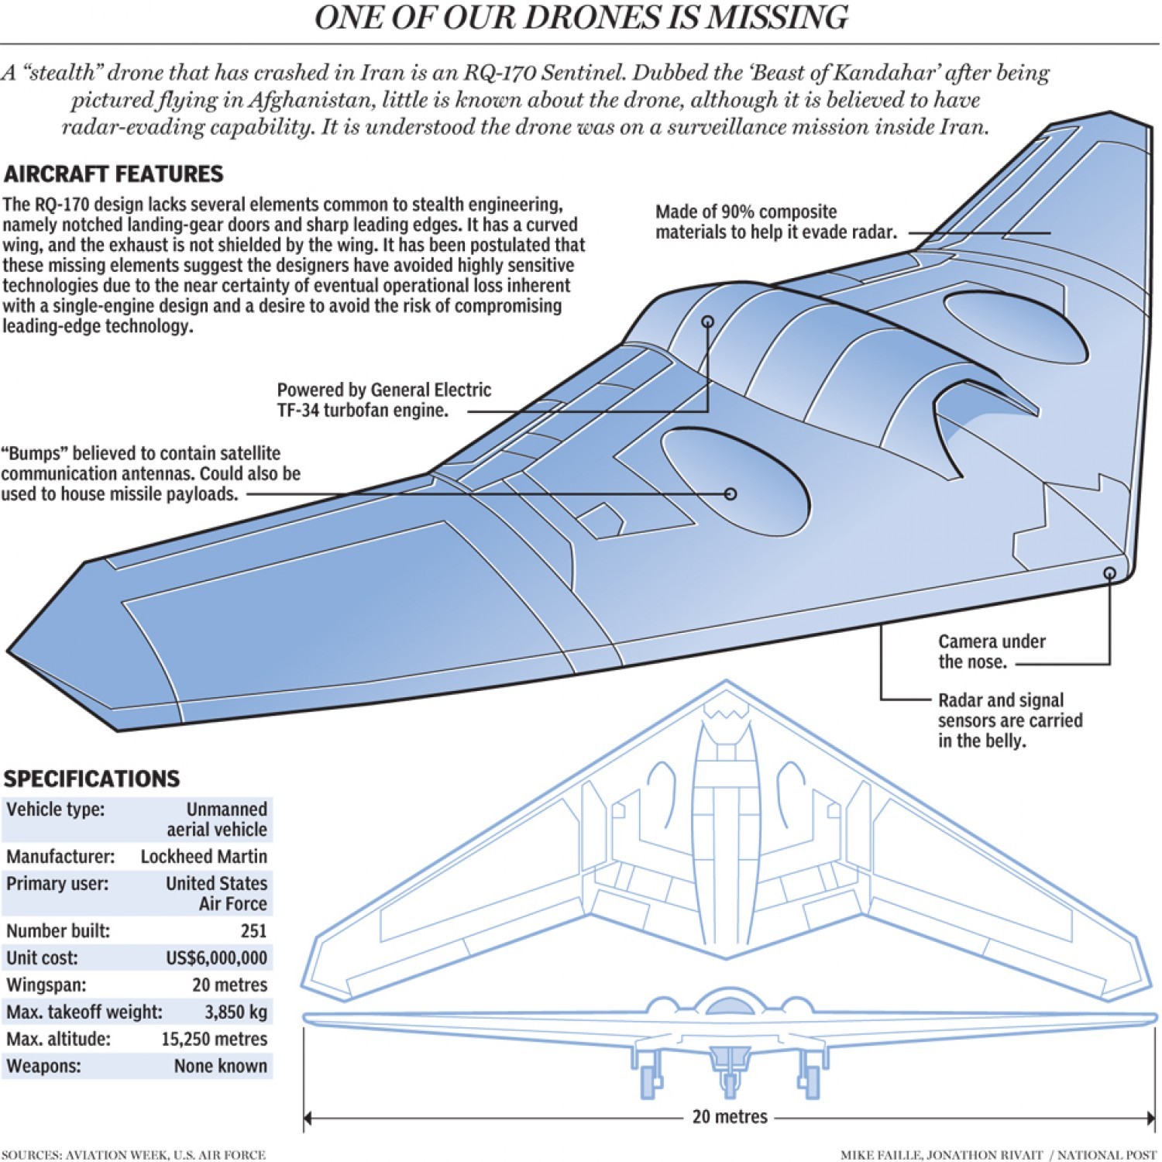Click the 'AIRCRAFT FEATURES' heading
(x=113, y=174)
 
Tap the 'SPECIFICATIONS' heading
(x=91, y=779)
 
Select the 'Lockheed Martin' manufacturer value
(x=204, y=857)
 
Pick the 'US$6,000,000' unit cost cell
(x=216, y=958)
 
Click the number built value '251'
(x=253, y=931)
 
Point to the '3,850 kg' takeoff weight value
(x=235, y=1012)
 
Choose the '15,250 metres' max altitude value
(x=214, y=1040)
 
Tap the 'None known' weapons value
(x=220, y=1067)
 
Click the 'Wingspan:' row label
(x=46, y=985)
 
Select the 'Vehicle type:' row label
(x=55, y=810)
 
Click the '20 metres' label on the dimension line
(x=730, y=1117)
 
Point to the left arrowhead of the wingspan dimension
(x=308, y=1118)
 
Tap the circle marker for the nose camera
(x=1109, y=573)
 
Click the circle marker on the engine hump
(x=707, y=321)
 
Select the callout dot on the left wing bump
(x=730, y=493)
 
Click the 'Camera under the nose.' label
(x=991, y=651)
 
